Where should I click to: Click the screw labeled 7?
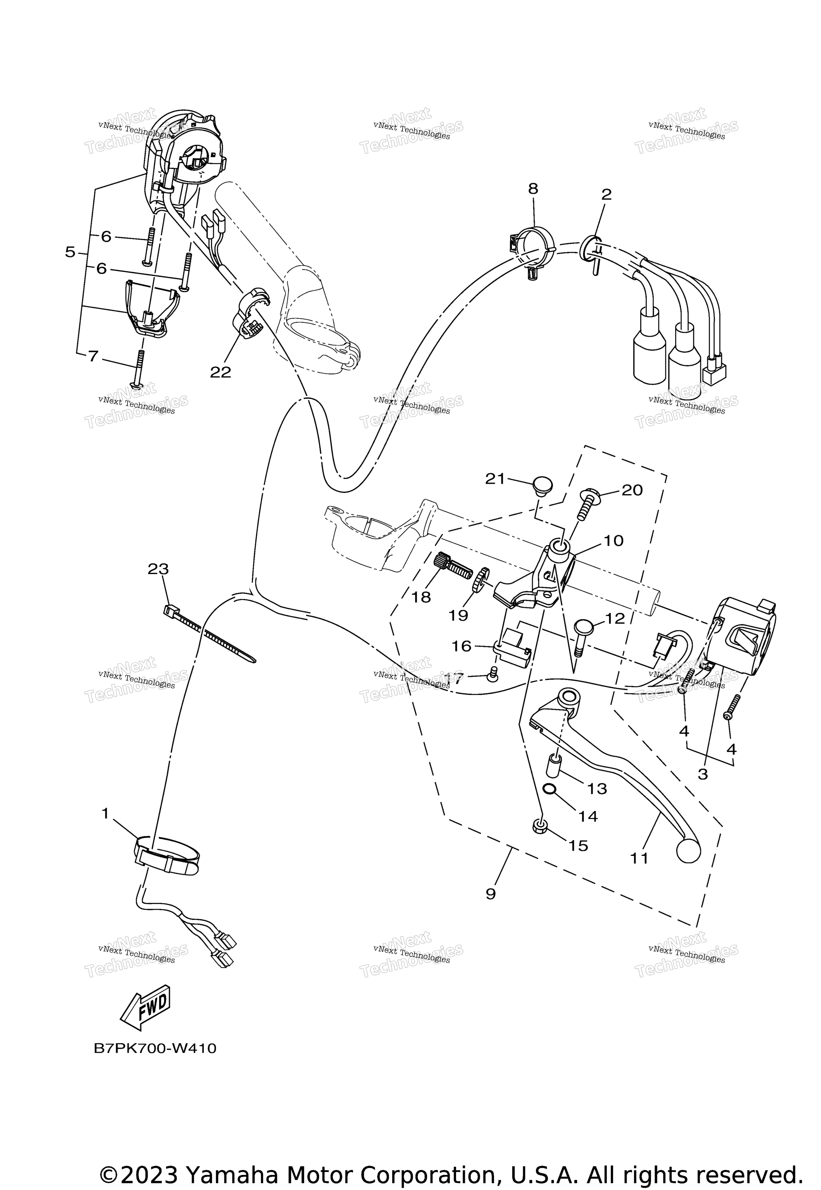click(x=139, y=368)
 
